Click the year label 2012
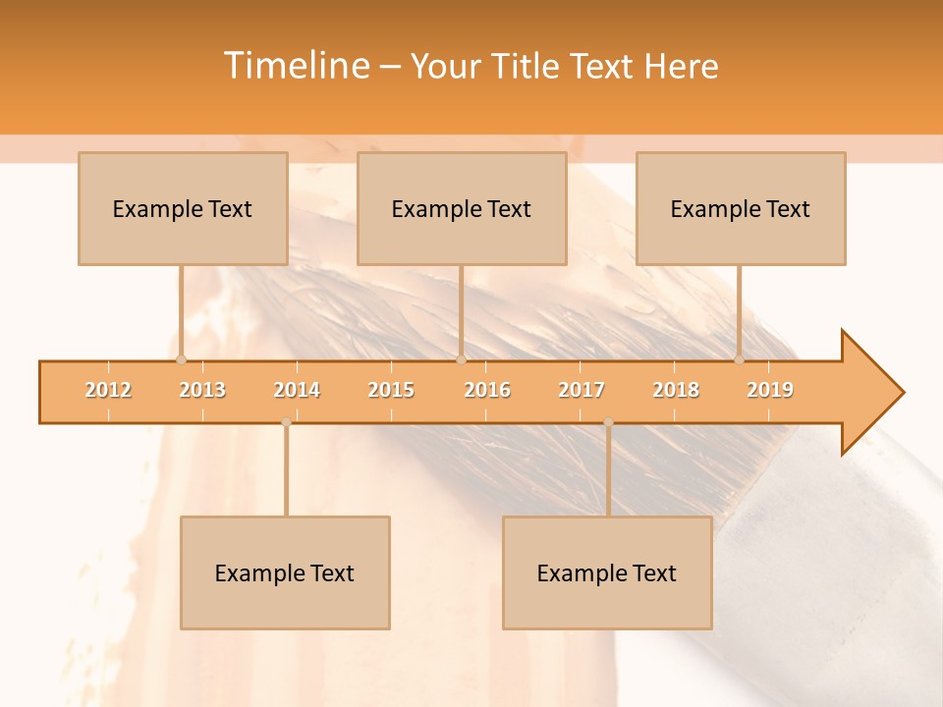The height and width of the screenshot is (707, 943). pyautogui.click(x=108, y=390)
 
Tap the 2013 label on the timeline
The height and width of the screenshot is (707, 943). pyautogui.click(x=202, y=390)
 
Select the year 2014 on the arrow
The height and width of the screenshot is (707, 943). pyautogui.click(x=297, y=390)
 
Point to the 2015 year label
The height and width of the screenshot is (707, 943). pyautogui.click(x=391, y=390)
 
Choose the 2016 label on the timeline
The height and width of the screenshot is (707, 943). pyautogui.click(x=487, y=390)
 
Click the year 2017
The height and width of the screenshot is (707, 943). pyautogui.click(x=582, y=390)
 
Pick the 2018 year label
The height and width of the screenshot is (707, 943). pyautogui.click(x=676, y=390)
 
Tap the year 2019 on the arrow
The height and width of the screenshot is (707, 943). pyautogui.click(x=770, y=390)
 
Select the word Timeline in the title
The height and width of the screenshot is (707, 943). pyautogui.click(x=297, y=66)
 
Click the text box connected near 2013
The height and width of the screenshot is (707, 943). pyautogui.click(x=183, y=208)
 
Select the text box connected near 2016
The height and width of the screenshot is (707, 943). pyautogui.click(x=462, y=208)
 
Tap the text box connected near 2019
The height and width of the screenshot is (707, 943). pyautogui.click(x=741, y=208)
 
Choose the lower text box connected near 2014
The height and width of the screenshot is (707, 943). pyautogui.click(x=285, y=572)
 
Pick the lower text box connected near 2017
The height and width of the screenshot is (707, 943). pyautogui.click(x=607, y=572)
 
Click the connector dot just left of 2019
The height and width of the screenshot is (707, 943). pyautogui.click(x=739, y=359)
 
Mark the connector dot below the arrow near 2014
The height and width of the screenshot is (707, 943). pyautogui.click(x=286, y=422)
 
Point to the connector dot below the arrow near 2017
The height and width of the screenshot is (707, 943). pyautogui.click(x=608, y=422)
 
